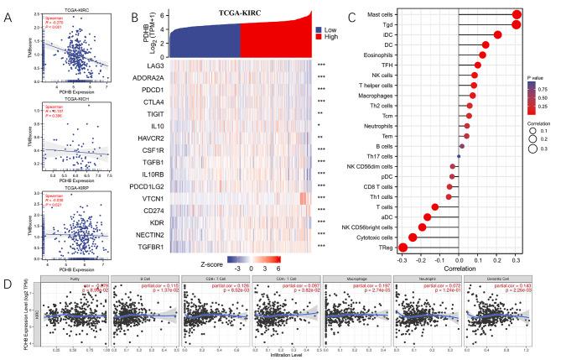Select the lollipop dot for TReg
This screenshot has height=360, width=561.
pos(403,247)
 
